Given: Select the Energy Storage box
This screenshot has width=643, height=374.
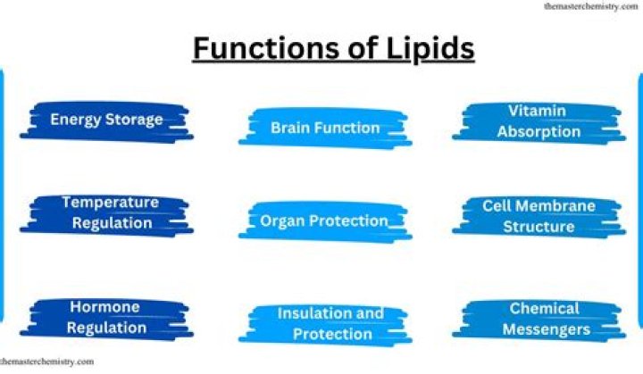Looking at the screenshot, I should pos(106,120).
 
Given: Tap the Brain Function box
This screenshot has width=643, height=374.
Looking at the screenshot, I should pos(325,128).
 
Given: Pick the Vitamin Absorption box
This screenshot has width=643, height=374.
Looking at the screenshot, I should pos(539,121).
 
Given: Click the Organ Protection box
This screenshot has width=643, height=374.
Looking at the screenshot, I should pos(324,220).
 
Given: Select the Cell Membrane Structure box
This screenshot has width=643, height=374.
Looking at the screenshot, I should pos(539,216).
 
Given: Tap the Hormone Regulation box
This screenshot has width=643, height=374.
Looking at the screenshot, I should pos(105,317).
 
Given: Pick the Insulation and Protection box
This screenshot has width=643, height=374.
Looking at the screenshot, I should pos(330,324).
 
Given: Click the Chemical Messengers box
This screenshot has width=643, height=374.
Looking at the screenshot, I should pos(545,320).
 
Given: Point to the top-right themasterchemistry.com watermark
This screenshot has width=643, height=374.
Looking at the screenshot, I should pos(589,6).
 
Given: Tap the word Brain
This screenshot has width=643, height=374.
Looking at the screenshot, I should pos(290,128).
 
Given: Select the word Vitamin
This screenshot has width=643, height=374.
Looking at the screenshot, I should pos(539,111).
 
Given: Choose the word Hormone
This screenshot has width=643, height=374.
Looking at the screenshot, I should pos(105,307).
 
